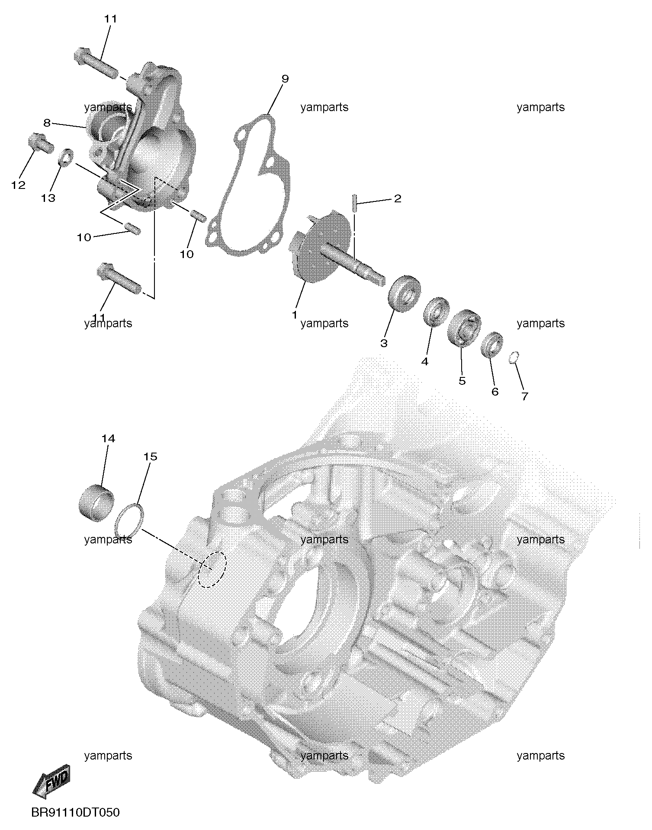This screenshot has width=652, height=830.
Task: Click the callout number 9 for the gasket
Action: tap(285, 79)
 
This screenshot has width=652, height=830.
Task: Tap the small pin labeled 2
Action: tap(354, 203)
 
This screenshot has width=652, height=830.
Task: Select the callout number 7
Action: tap(524, 396)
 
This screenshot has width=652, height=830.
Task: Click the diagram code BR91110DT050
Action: tap(75, 813)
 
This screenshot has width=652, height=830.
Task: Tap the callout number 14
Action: tap(108, 438)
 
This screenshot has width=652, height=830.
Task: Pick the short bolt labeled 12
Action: tap(40, 143)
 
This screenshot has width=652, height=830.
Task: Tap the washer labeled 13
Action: tap(65, 158)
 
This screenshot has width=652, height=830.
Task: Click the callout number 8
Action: tap(47, 123)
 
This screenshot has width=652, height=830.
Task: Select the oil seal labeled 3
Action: tap(405, 293)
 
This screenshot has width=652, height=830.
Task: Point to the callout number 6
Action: tap(495, 392)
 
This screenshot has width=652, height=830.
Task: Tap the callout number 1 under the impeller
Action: tap(295, 315)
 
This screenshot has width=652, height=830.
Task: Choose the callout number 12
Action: tap(19, 185)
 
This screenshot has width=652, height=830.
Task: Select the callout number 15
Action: tap(151, 456)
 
